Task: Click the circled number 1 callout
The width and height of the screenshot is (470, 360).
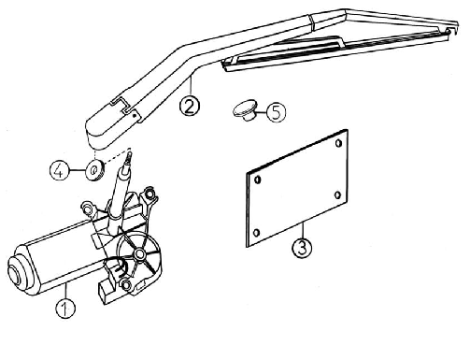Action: pos(65,309)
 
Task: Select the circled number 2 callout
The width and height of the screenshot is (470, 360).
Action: pos(190,106)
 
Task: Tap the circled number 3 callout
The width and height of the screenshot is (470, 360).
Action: pos(302,248)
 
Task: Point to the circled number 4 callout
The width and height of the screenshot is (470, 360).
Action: pos(60,170)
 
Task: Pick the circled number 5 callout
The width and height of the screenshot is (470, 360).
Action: pos(276,112)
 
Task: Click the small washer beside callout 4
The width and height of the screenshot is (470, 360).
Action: pos(94,170)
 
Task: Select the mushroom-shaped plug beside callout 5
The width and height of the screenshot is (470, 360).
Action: pos(246,110)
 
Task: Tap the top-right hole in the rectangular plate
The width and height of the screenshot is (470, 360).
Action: pos(338,143)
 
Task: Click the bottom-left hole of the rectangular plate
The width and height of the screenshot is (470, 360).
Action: pos(257,233)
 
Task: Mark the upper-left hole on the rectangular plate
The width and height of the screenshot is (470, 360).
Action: pos(258,180)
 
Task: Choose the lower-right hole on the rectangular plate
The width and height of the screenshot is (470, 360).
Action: pos(337,195)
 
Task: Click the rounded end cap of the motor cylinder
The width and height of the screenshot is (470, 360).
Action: pos(20,270)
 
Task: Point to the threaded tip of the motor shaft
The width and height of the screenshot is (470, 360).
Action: pos(128,158)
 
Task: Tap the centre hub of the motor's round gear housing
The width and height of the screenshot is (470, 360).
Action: pos(139,254)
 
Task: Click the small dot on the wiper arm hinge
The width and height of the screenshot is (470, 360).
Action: pos(135,115)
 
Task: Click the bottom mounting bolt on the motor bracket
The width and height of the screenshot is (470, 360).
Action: pos(126,284)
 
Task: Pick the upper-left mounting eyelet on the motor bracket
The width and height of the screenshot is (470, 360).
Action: pos(87,208)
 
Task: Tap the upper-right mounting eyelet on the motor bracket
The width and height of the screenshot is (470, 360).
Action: pos(150,193)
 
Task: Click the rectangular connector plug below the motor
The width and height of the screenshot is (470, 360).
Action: pos(106,289)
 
